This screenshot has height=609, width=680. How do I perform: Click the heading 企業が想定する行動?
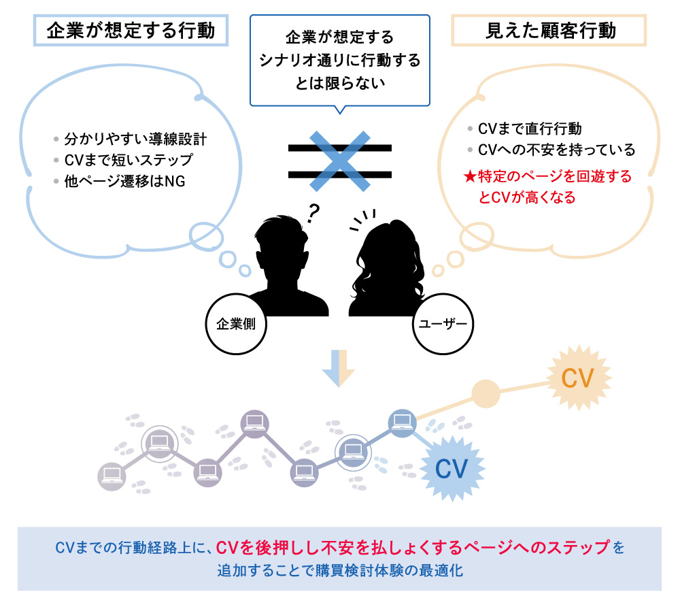(131, 31)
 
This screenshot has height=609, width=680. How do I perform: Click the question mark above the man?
(313, 214)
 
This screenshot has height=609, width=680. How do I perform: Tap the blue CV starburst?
(452, 469)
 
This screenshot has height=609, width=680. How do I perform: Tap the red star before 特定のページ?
(469, 177)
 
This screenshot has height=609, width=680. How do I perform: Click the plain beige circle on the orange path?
(486, 394)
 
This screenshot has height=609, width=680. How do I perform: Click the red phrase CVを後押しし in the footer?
(256, 547)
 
